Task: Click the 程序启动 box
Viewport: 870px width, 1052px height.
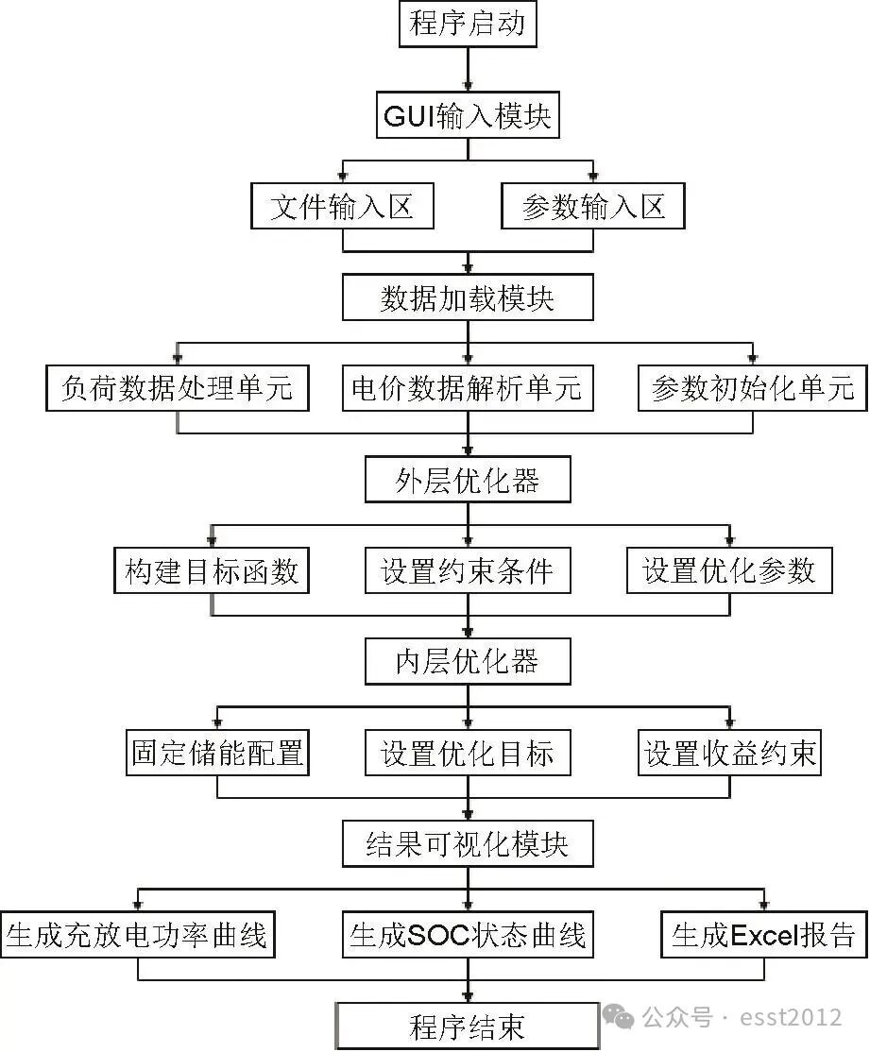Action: [x=468, y=24]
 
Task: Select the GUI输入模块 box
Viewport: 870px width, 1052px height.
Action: [x=468, y=116]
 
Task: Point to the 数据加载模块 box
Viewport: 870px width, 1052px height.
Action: [x=468, y=298]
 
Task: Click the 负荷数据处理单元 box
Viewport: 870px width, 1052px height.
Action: [x=177, y=388]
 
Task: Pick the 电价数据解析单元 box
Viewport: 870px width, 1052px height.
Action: [x=468, y=388]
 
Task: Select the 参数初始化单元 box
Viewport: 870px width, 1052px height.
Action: [x=752, y=388]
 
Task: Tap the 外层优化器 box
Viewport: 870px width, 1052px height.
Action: [x=468, y=481]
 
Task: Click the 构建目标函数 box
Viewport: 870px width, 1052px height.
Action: [x=212, y=571]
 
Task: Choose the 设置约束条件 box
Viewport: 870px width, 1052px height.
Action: [x=468, y=571]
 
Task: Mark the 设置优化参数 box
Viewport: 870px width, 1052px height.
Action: [x=728, y=571]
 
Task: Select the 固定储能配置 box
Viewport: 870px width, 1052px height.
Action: [x=217, y=753]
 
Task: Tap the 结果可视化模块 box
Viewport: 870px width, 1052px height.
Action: [x=468, y=843]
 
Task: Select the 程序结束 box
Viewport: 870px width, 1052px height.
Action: [x=468, y=1027]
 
